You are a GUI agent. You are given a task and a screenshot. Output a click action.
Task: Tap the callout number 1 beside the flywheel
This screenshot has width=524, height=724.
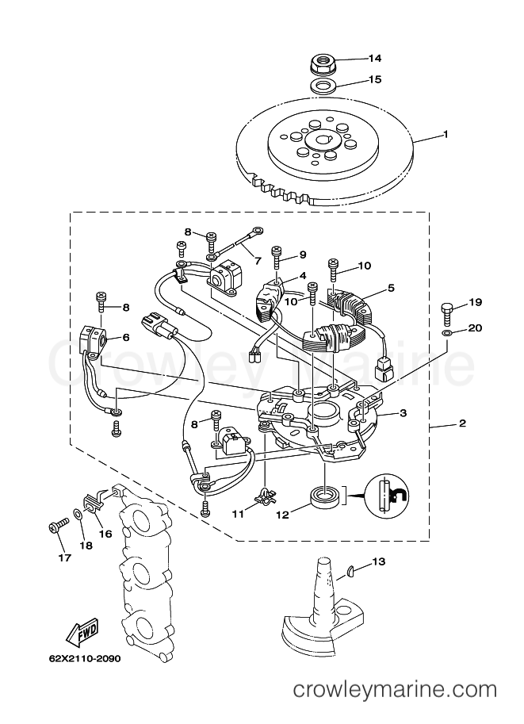pyautogui.click(x=446, y=134)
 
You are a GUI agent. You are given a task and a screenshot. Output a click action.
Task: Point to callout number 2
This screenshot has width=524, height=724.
pyautogui.click(x=463, y=423)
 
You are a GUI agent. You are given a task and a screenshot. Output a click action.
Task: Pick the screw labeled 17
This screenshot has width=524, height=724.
pyautogui.click(x=57, y=525)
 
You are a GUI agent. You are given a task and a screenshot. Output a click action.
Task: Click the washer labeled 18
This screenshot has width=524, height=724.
pyautogui.click(x=78, y=514)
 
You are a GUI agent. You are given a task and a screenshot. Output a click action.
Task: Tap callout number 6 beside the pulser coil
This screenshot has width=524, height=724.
pyautogui.click(x=125, y=338)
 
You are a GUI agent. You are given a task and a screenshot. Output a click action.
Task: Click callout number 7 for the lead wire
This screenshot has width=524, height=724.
pyautogui.click(x=257, y=261)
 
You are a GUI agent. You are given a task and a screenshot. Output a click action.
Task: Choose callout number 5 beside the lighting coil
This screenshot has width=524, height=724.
pyautogui.click(x=391, y=289)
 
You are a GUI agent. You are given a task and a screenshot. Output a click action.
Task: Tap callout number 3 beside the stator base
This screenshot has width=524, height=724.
pyautogui.click(x=403, y=413)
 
